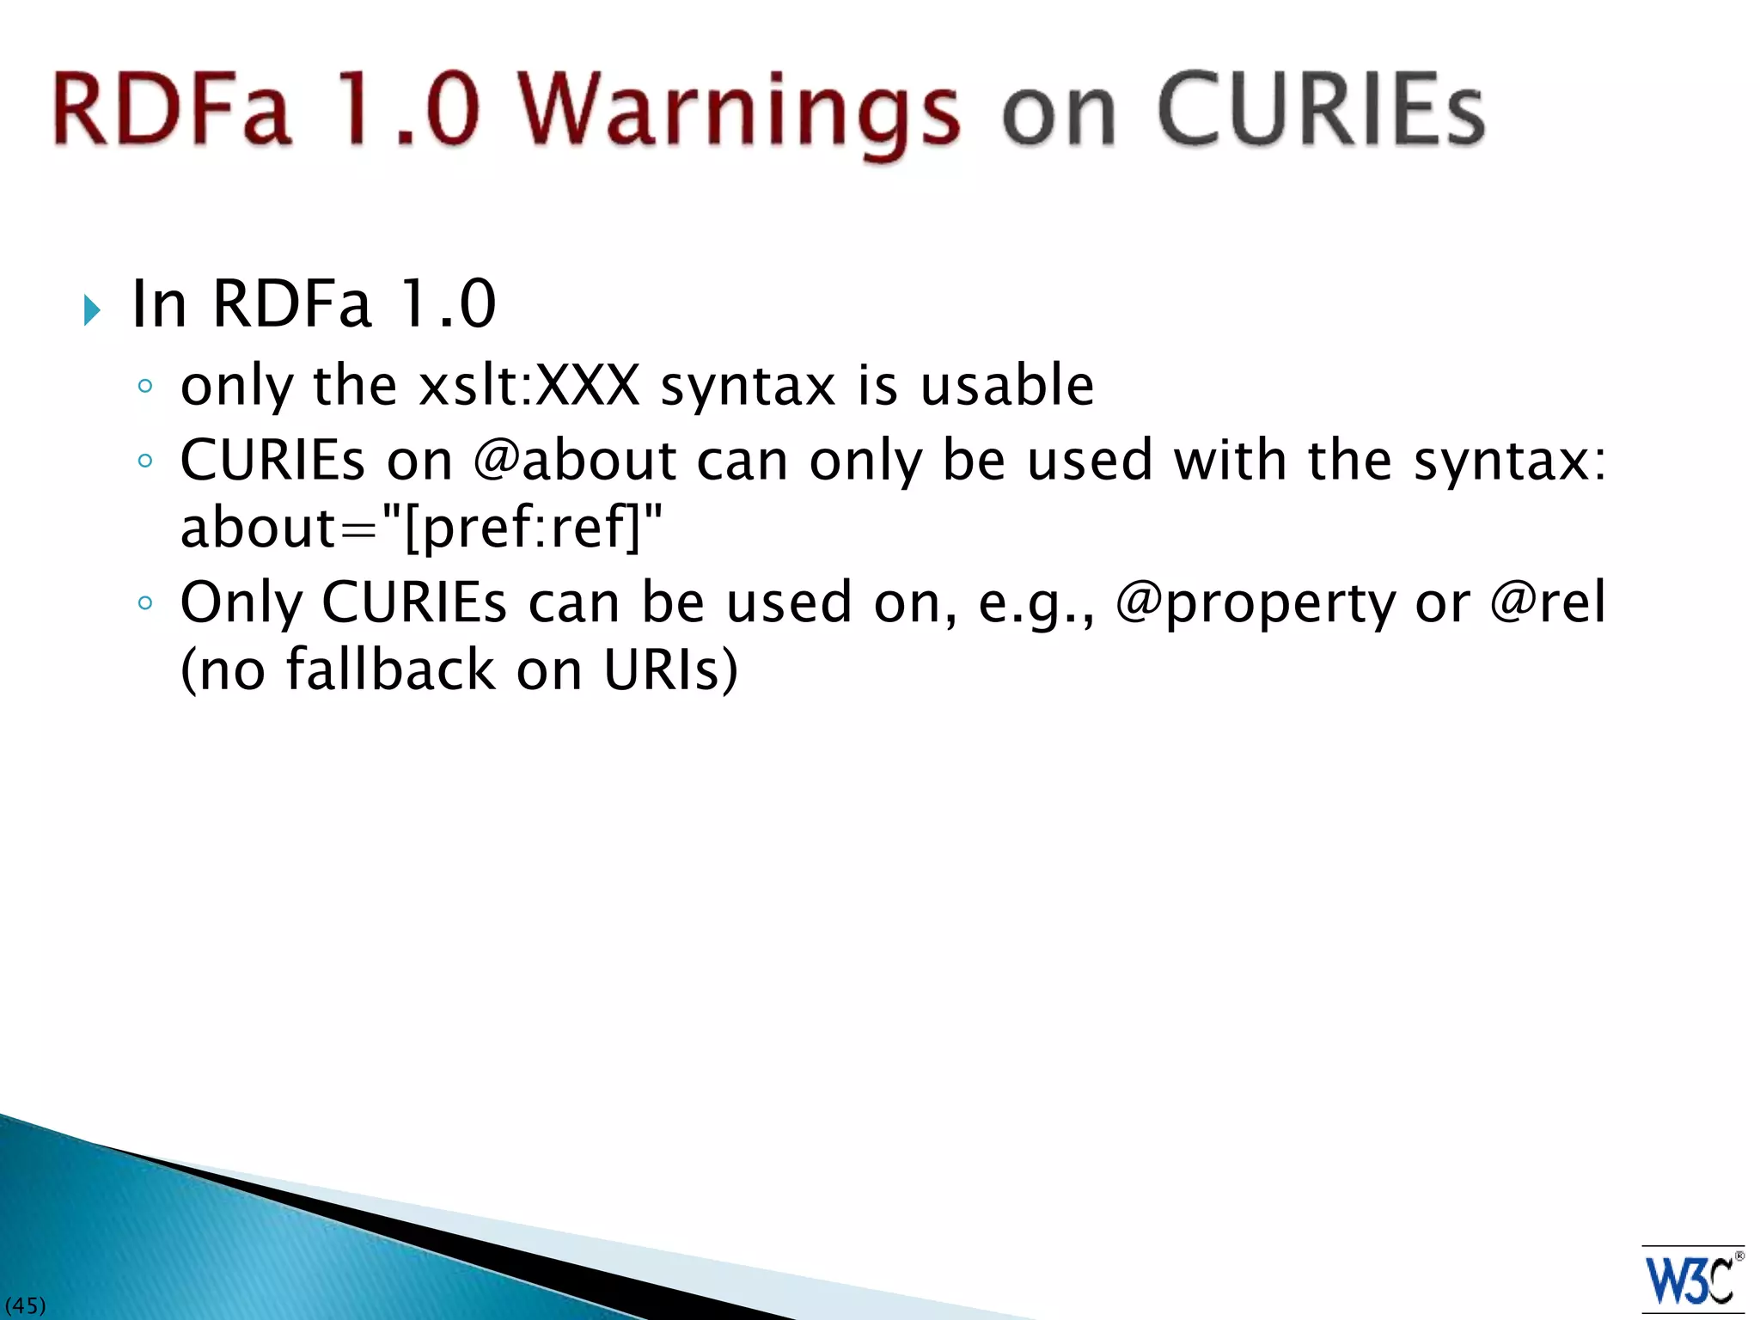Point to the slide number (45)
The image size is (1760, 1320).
pyautogui.click(x=25, y=1306)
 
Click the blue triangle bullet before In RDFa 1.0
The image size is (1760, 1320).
pyautogui.click(x=93, y=309)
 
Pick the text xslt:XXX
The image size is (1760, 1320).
pyautogui.click(x=529, y=385)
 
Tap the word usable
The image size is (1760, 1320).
pyautogui.click(x=1007, y=385)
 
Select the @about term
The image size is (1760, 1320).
pyautogui.click(x=575, y=460)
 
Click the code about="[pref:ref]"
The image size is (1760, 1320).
pyautogui.click(x=421, y=527)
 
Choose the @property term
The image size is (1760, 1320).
pyautogui.click(x=1256, y=602)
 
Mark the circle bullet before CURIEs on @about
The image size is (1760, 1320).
pyautogui.click(x=145, y=461)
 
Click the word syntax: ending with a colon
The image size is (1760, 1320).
pyautogui.click(x=1510, y=461)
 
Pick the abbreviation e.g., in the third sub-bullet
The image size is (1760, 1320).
pyautogui.click(x=1036, y=602)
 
